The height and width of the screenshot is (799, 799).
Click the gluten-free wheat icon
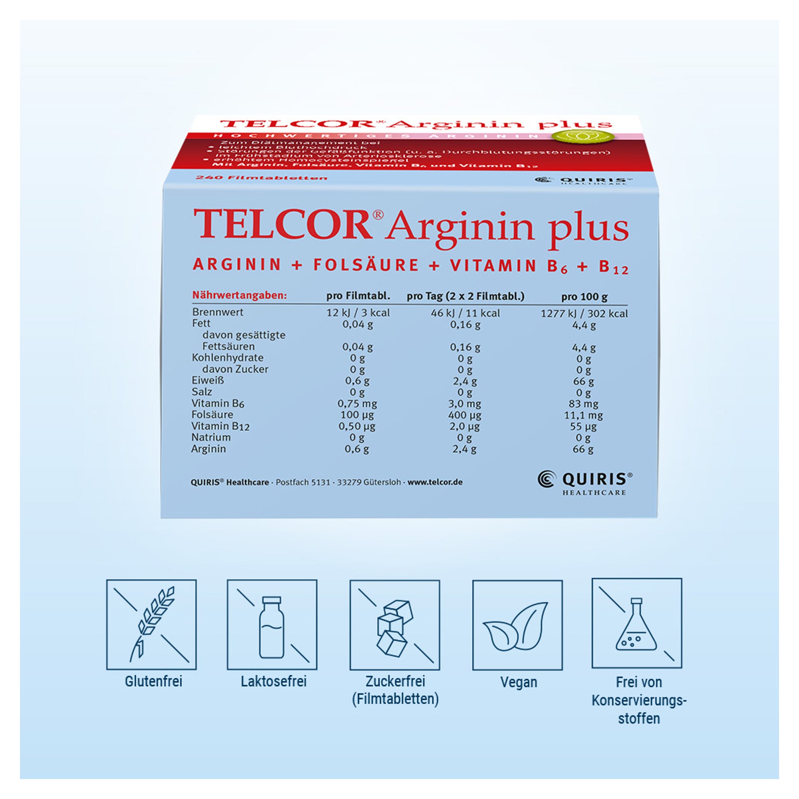pyautogui.click(x=151, y=624)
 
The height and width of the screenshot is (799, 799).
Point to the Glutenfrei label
pyautogui.click(x=153, y=681)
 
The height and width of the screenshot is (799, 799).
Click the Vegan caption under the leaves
pyautogui.click(x=519, y=682)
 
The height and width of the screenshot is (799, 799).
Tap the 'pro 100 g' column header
pyautogui.click(x=584, y=296)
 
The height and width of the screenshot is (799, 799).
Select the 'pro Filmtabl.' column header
pyautogui.click(x=358, y=296)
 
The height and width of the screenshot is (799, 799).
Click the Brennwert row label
pyautogui.click(x=218, y=312)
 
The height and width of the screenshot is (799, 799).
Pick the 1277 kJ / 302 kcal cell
pyautogui.click(x=584, y=314)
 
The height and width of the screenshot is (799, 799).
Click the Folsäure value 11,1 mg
pyautogui.click(x=583, y=415)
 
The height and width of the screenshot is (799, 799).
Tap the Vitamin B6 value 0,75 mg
pyautogui.click(x=357, y=403)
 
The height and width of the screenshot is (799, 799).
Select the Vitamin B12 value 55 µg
pyautogui.click(x=583, y=426)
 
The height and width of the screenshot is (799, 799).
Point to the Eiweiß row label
pyautogui.click(x=208, y=380)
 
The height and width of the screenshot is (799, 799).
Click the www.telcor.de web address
pyautogui.click(x=435, y=482)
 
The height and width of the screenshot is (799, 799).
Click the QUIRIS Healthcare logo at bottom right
pyautogui.click(x=585, y=483)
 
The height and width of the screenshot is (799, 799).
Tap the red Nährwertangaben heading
pyautogui.click(x=239, y=296)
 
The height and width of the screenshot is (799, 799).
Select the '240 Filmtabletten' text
pyautogui.click(x=261, y=178)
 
